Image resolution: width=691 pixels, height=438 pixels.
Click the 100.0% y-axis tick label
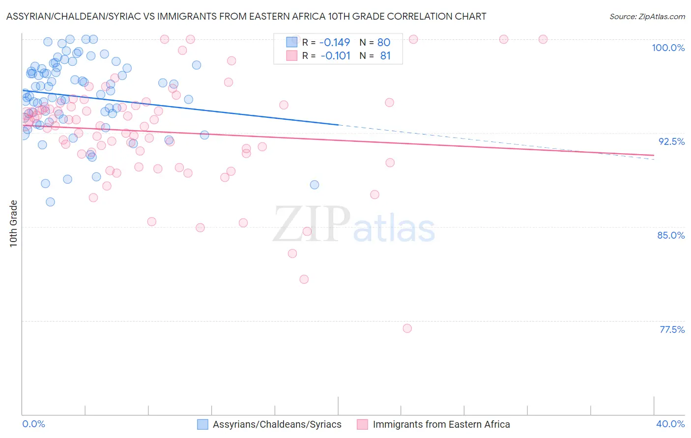668,48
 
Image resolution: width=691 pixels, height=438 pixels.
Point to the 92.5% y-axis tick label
671,141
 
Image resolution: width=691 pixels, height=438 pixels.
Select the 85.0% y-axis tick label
671,235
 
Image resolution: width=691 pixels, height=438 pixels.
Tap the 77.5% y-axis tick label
672,329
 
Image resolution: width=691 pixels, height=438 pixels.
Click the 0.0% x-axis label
33,424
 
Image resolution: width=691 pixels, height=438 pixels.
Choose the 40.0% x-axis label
670,424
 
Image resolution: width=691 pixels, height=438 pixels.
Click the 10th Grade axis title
13,223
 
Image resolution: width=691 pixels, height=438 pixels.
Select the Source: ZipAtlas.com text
647,17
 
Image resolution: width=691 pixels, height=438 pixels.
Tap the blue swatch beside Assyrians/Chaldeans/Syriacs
202,425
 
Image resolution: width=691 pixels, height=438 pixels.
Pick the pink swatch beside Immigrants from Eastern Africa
362,425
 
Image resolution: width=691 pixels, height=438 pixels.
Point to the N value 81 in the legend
385,56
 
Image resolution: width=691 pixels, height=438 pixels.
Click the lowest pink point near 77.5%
407,328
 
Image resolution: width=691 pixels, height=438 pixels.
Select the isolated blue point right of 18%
315,185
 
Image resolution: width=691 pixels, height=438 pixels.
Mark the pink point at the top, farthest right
543,39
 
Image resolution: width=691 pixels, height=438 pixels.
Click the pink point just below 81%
304,279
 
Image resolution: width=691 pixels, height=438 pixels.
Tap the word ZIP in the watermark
311,224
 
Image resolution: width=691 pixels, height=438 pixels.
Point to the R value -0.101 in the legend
335,56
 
